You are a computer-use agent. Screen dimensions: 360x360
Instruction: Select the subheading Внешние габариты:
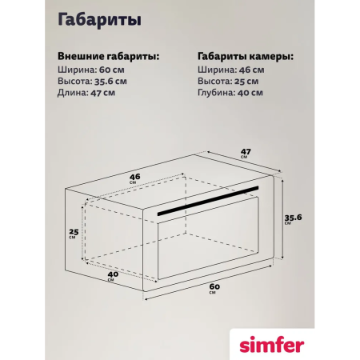(108, 57)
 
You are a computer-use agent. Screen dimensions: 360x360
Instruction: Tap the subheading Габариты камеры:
(244, 57)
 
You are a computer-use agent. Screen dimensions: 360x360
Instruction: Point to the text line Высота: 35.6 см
(93, 81)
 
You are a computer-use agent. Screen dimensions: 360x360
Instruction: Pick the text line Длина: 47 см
(86, 93)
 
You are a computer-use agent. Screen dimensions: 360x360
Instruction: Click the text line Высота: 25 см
(227, 81)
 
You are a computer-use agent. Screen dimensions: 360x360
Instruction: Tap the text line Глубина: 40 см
(230, 93)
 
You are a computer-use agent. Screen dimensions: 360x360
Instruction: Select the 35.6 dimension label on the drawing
(296, 217)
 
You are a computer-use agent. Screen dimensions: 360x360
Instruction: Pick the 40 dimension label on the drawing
(113, 274)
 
